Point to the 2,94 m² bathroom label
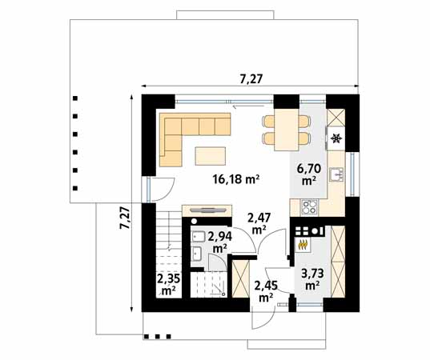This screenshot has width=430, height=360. [219, 242]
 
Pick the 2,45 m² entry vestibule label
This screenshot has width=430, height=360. [265, 290]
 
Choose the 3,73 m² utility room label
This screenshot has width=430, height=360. [312, 278]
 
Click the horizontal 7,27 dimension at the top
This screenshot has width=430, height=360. [252, 78]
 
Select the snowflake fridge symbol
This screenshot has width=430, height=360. [336, 138]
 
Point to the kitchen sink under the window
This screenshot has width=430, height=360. [338, 175]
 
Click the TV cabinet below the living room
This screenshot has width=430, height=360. [207, 210]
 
